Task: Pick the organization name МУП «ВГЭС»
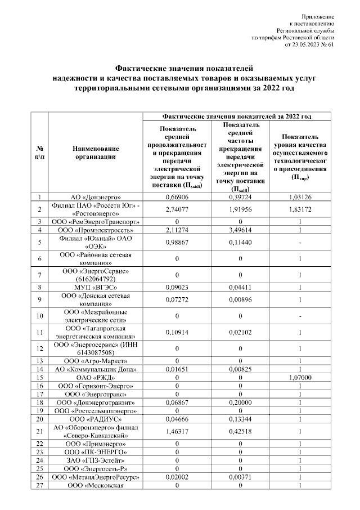pos(96,288)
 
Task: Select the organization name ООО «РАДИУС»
pos(96,419)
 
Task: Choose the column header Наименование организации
pos(96,153)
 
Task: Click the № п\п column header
pos(39,153)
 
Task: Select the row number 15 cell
pos(39,377)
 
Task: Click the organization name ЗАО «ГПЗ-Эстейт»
pos(96,460)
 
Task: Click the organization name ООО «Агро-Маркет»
pos(96,361)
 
